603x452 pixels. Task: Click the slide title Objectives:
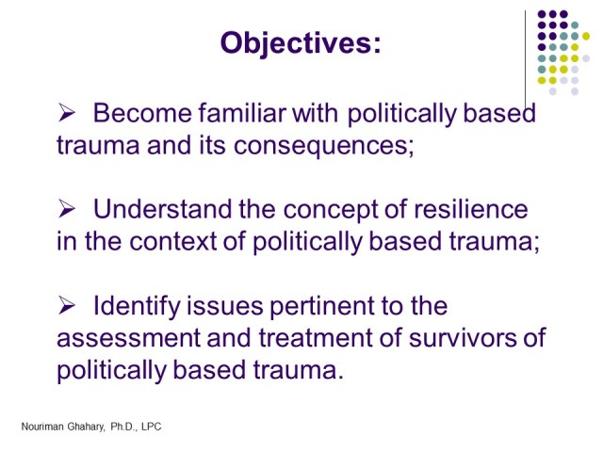coord(300,42)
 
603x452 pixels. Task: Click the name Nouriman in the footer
coord(44,427)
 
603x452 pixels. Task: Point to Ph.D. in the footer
coord(122,427)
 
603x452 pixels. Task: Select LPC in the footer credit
coord(151,427)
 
